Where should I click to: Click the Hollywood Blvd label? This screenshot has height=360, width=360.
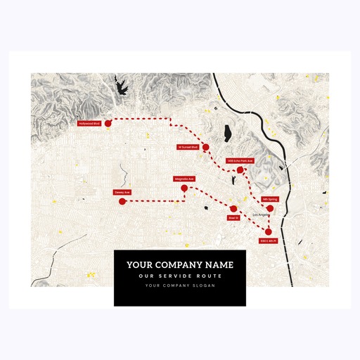click(89, 123)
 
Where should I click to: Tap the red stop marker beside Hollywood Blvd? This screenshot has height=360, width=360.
click(108, 123)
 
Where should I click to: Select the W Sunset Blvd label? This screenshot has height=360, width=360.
click(188, 147)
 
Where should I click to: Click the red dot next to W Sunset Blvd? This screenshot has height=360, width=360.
click(205, 147)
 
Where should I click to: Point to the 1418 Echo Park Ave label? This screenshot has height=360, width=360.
click(240, 161)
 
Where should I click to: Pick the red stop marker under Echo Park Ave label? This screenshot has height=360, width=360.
click(240, 170)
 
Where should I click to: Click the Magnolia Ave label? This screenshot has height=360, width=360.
click(184, 179)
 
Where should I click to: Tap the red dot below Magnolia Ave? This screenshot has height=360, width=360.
click(184, 188)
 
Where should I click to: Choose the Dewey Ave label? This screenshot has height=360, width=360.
click(122, 192)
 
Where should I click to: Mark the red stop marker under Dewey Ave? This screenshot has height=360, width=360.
click(122, 202)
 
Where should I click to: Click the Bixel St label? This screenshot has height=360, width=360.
click(233, 218)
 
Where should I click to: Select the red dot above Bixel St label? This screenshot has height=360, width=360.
click(233, 209)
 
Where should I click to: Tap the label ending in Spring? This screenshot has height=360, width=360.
click(270, 199)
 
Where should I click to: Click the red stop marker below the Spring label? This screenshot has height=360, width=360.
click(270, 208)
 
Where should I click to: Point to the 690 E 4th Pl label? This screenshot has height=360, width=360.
click(269, 241)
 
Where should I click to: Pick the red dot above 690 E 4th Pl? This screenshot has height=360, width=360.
click(269, 232)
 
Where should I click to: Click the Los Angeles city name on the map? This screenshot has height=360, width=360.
click(261, 214)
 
